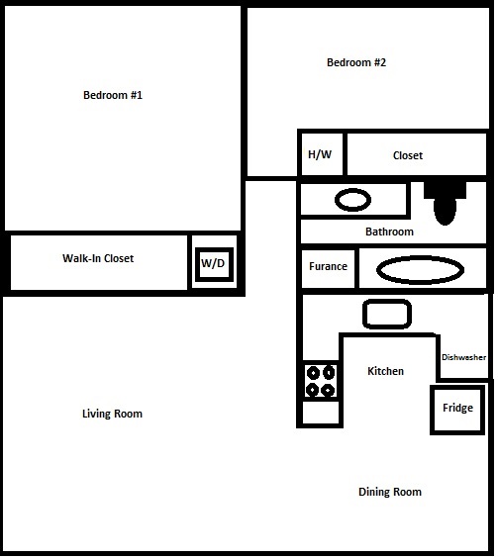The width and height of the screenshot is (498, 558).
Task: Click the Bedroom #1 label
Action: point(113,95)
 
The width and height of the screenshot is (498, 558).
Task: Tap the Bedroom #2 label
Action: point(356,62)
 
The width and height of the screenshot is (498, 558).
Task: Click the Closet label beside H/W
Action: point(408,155)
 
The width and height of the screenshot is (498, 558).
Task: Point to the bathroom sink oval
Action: point(352,200)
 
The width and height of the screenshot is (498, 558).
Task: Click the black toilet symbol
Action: point(445,204)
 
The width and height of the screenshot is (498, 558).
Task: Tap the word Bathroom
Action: point(389,232)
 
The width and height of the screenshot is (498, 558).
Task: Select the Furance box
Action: point(328,268)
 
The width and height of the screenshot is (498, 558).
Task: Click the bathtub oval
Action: point(420,270)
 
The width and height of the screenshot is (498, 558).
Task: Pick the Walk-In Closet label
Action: point(98,258)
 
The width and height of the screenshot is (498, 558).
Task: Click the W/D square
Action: point(214,264)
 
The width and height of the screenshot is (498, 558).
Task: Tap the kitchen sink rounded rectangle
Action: point(387,314)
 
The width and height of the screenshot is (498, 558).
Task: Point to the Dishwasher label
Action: point(463,357)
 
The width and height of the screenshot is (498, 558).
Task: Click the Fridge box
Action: point(457,410)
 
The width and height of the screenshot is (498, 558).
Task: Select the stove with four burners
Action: point(321,381)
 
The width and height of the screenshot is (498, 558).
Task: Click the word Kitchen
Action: point(385,371)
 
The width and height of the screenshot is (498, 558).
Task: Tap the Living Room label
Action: point(112,414)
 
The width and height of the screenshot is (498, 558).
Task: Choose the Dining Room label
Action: point(390,492)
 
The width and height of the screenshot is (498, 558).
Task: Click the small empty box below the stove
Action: point(321,413)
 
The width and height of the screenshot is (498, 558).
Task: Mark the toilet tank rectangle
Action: point(445,190)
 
